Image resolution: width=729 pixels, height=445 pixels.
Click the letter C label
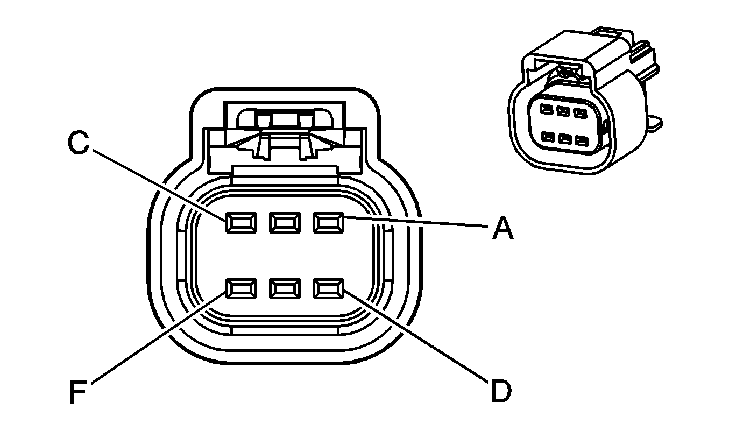[79, 143]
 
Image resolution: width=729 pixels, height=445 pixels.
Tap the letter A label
[502, 229]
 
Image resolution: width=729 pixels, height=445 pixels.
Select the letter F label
[79, 392]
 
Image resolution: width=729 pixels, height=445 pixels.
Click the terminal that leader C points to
[240, 222]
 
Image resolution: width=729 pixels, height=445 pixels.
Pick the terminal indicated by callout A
[328, 222]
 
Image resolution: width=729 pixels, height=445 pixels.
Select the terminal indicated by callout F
[240, 289]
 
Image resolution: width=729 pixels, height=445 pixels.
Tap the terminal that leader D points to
[328, 289]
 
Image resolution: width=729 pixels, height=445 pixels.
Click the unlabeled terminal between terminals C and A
[284, 222]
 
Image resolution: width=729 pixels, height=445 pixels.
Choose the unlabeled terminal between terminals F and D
[284, 289]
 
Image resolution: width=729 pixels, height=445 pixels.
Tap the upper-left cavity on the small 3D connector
[547, 110]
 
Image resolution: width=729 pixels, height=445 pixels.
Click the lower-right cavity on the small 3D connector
[581, 141]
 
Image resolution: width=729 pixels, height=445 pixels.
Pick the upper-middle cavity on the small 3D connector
[563, 112]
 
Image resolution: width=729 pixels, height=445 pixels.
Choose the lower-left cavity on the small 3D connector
[548, 137]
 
